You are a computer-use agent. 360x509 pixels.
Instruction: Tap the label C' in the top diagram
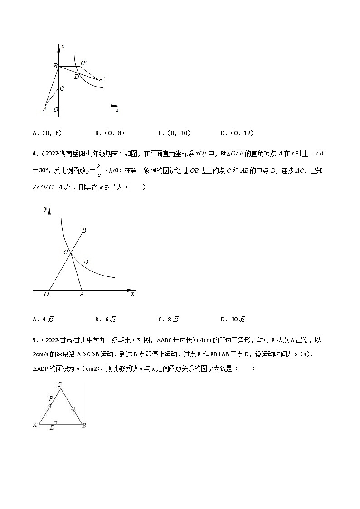84,63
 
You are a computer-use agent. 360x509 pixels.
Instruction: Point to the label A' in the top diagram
102,79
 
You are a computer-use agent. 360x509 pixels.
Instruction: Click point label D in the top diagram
77,77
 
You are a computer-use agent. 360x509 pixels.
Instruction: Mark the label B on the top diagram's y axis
55,66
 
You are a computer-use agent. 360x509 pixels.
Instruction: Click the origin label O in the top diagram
56,110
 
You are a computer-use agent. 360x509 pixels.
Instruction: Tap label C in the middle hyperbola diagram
66,252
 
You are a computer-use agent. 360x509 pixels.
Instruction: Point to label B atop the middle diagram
84,231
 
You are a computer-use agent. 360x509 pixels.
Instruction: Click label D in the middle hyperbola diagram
85,262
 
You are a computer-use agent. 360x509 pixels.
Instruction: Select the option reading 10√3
238,319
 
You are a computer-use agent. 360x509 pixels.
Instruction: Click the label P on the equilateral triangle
52,398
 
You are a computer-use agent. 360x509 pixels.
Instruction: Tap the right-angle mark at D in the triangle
55,422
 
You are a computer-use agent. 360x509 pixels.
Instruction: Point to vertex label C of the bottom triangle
59,385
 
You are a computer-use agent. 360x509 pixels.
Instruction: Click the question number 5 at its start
34,339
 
